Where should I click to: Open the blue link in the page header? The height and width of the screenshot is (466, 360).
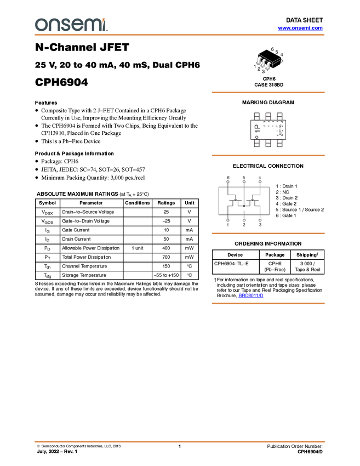(300, 28)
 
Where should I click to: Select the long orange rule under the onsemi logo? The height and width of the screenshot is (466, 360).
(180, 35)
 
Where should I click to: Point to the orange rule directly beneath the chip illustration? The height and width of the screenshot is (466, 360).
(268, 93)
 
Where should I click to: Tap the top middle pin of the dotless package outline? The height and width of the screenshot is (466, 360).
(268, 115)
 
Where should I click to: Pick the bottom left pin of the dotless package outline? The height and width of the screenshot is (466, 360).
(256, 144)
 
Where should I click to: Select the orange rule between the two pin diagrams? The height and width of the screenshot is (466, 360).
(268, 156)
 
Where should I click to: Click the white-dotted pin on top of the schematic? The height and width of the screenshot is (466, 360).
(228, 180)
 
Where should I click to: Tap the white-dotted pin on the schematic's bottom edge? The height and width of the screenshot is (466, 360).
(244, 222)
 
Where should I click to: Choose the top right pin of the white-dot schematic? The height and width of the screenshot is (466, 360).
(260, 180)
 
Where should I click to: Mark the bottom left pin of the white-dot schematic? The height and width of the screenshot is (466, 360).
(228, 222)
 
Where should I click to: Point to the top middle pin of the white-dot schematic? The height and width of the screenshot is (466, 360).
(244, 180)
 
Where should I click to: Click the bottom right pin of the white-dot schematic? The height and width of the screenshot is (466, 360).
(260, 222)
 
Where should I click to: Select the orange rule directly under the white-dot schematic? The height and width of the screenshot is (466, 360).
(268, 234)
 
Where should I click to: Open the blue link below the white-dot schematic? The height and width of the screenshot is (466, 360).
(251, 295)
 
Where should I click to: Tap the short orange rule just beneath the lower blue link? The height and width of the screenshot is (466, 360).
(268, 303)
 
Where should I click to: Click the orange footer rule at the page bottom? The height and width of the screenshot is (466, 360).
(180, 441)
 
